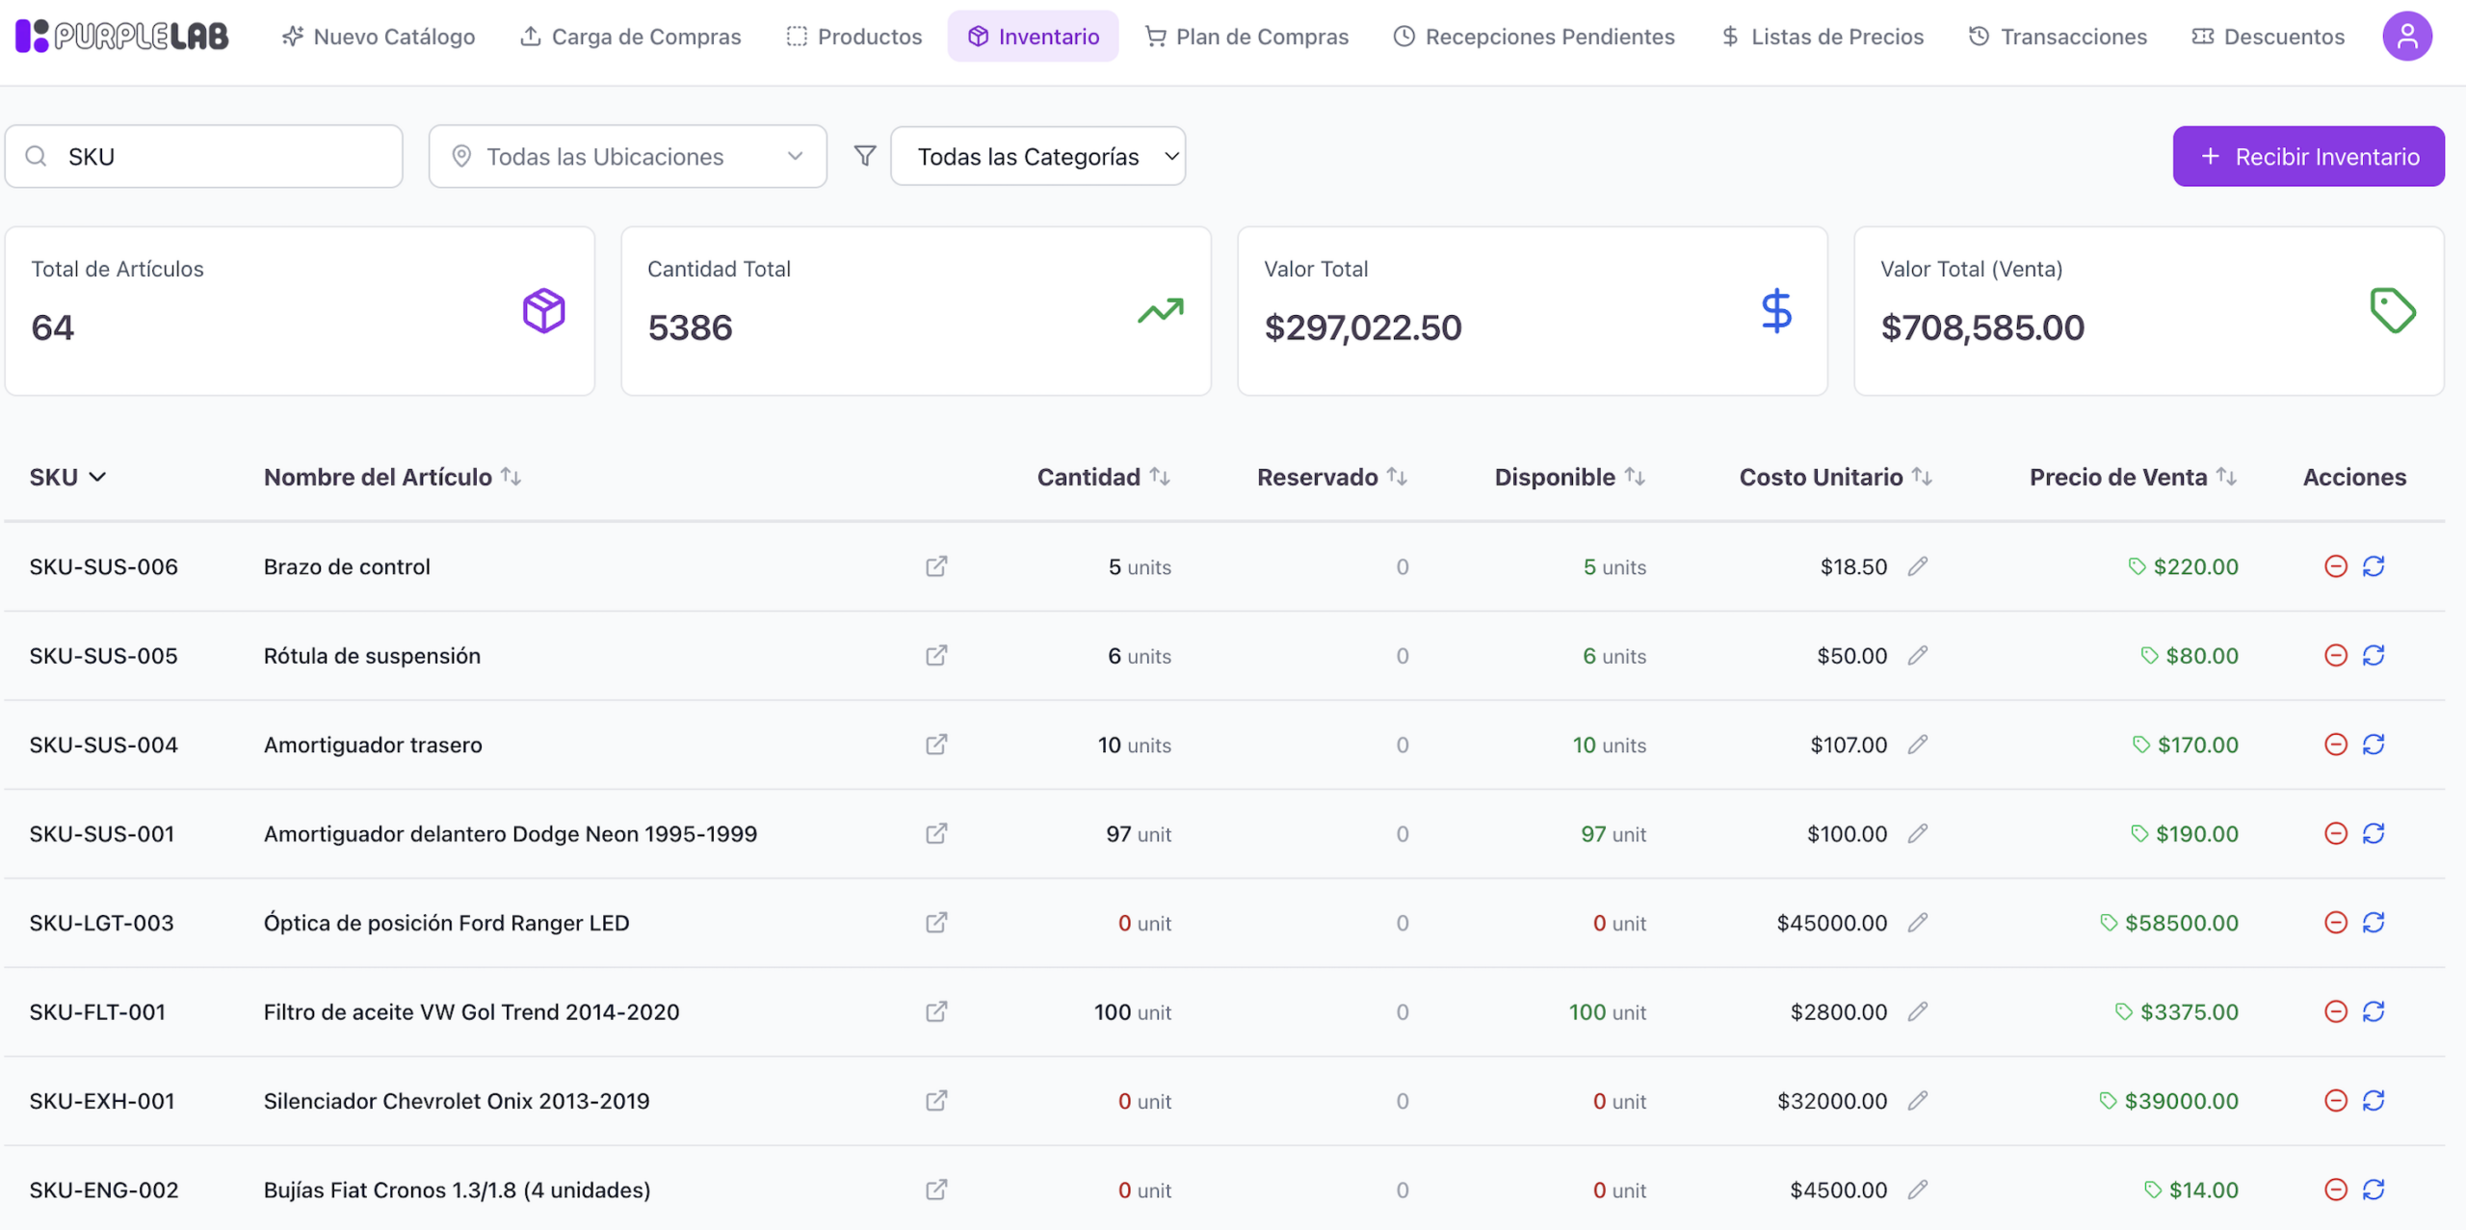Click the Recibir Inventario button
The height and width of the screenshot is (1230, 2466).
tap(2308, 156)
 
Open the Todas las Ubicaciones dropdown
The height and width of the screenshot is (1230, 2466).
tap(628, 156)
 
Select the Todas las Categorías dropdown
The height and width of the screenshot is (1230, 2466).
tap(1038, 156)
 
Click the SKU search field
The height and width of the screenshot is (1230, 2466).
tap(204, 156)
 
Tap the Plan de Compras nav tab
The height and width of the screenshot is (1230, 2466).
tap(1246, 37)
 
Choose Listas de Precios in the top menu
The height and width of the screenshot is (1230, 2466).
tap(1823, 37)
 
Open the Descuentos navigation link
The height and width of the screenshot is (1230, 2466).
tap(2269, 37)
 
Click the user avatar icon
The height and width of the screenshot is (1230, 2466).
tap(2407, 37)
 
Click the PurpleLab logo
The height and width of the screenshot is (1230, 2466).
tap(122, 37)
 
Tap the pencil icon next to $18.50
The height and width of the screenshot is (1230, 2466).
tap(1918, 566)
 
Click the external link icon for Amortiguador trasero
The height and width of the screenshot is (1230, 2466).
tap(936, 745)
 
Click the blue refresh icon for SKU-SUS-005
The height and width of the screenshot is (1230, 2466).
tap(2374, 656)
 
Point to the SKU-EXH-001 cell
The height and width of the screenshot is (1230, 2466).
tap(102, 1101)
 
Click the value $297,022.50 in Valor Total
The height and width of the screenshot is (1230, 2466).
tap(1363, 327)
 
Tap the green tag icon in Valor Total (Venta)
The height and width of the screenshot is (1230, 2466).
tap(2393, 310)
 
